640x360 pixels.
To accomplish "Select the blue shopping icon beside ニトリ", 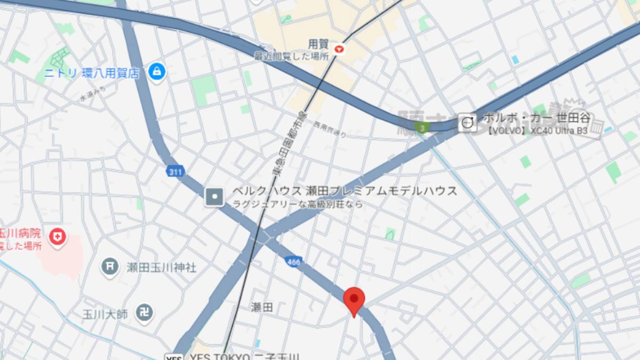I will coord(157,71).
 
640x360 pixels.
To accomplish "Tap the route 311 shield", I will coord(174,171).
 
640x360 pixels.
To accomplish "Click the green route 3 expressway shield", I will coord(422,128).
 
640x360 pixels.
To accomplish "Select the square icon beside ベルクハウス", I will coord(215,197).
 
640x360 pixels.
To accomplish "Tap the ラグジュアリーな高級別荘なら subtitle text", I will coord(298,204).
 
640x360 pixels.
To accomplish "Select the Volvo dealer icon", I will coord(468,123).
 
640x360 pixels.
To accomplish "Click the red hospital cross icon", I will coord(57,237).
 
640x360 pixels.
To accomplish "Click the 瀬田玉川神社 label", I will coord(162,267).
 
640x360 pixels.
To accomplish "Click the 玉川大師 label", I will coord(105,314).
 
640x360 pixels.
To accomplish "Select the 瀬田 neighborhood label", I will coord(262,307).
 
